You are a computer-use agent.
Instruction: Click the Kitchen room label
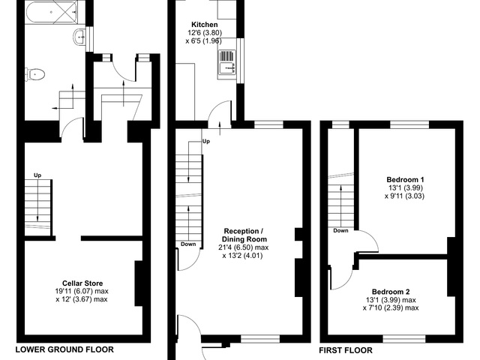(x=205, y=25)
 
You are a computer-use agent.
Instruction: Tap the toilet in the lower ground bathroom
(x=35, y=74)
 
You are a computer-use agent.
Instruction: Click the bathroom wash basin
(x=79, y=37)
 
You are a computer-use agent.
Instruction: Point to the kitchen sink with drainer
(x=226, y=62)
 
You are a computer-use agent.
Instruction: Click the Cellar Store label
(x=82, y=283)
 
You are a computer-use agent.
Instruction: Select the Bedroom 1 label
(x=405, y=180)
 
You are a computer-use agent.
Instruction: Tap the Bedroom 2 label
(x=391, y=292)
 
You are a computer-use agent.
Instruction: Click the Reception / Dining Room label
(x=244, y=235)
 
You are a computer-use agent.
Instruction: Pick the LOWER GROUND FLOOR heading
(x=64, y=349)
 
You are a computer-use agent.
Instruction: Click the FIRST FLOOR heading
(x=346, y=350)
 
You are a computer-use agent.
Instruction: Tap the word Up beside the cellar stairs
(x=37, y=175)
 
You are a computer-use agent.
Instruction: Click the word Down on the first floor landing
(x=340, y=230)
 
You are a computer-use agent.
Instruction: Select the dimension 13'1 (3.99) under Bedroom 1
(x=406, y=187)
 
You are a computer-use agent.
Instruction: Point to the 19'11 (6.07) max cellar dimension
(x=82, y=291)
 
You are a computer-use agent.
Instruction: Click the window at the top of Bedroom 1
(x=409, y=124)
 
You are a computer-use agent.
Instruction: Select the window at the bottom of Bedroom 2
(x=404, y=339)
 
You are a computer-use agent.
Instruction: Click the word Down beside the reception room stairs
(x=188, y=244)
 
